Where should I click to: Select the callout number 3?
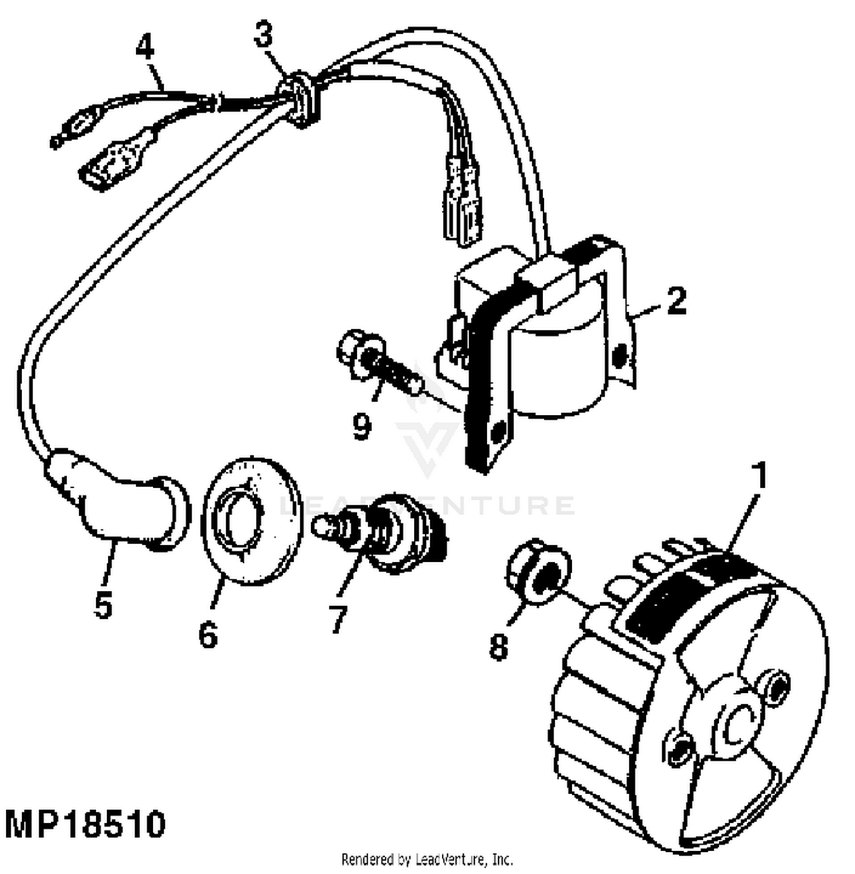point(263,36)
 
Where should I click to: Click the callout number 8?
point(499,647)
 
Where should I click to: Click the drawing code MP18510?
point(85,824)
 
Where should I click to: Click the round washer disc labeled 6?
point(251,521)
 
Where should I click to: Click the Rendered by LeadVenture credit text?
point(427,859)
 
